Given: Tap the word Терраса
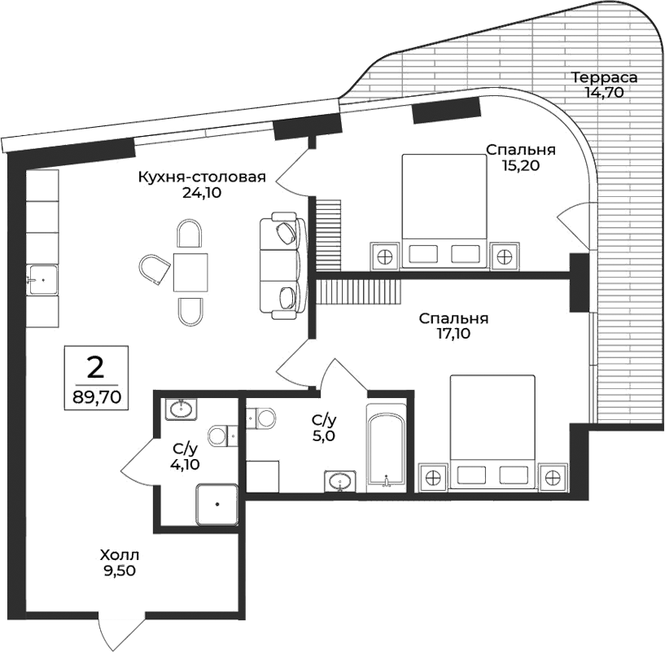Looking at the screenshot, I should click(x=603, y=78).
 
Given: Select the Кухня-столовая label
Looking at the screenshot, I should click(x=202, y=177).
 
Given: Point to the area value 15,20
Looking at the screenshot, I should click(x=521, y=164).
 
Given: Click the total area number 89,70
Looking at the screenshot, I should click(x=95, y=398).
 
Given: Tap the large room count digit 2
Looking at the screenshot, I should click(x=95, y=367).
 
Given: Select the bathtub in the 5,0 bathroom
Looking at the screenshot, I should click(x=385, y=448).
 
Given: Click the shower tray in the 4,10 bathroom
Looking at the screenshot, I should click(x=217, y=504).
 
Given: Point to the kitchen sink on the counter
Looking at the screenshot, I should click(x=42, y=279).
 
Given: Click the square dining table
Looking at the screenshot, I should click(x=190, y=272).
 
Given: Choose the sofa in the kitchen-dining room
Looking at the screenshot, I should click(x=281, y=265).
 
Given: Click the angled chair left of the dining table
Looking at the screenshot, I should click(x=154, y=269).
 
